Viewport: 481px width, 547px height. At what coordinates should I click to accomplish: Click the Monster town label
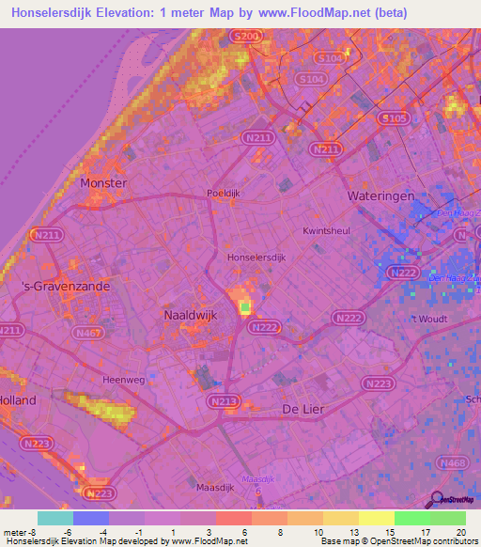click(x=104, y=183)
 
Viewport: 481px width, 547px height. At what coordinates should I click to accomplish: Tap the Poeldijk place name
click(x=225, y=193)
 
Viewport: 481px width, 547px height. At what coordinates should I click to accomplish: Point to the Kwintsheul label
click(x=326, y=230)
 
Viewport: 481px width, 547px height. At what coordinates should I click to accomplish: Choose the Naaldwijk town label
click(x=191, y=316)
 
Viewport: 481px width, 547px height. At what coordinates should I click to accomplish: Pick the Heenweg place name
click(x=121, y=380)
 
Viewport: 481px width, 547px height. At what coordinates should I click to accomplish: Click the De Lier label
click(x=303, y=410)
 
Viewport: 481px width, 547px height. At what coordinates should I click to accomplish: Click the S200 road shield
click(x=244, y=37)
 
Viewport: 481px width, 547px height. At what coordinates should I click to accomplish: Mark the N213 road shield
click(x=222, y=401)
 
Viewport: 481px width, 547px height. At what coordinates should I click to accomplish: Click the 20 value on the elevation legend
click(x=459, y=531)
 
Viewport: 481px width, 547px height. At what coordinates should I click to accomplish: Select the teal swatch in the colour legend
click(x=55, y=518)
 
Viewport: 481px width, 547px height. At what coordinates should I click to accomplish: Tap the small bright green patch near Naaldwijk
click(x=246, y=306)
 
